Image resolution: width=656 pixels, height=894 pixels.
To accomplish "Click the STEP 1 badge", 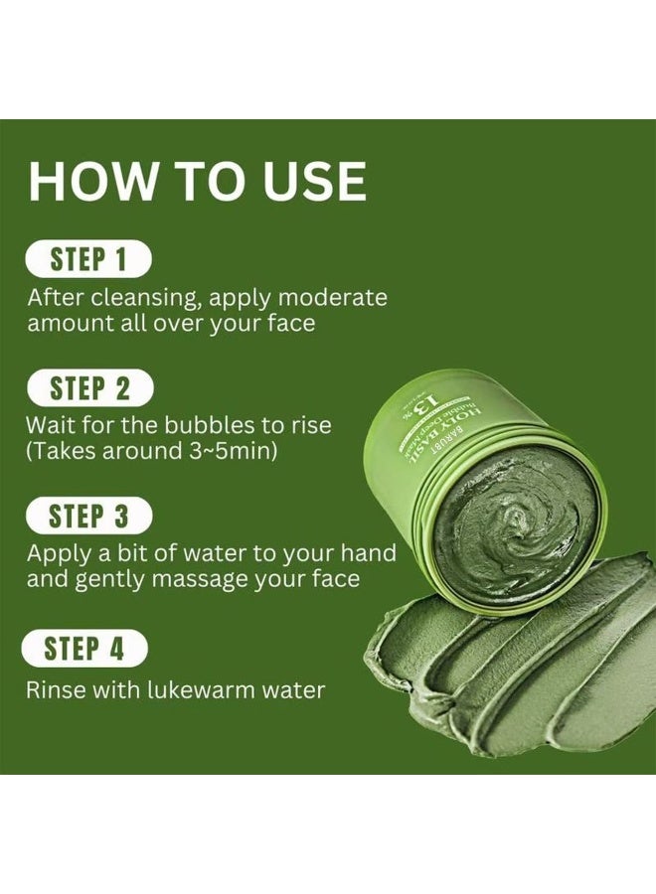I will [88, 259].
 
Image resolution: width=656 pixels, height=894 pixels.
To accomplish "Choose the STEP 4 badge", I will [84, 649].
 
